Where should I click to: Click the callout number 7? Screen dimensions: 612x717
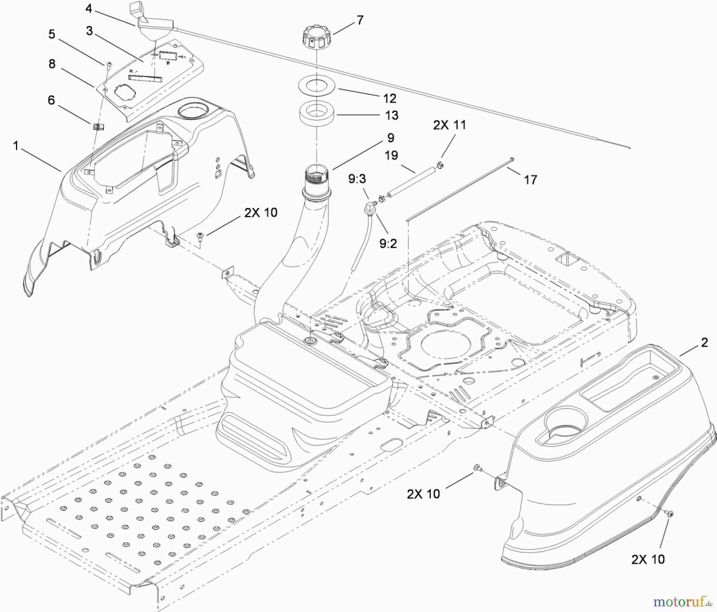pyautogui.click(x=360, y=20)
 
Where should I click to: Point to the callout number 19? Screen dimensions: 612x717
pyautogui.click(x=391, y=155)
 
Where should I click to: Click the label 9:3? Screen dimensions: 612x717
pyautogui.click(x=357, y=179)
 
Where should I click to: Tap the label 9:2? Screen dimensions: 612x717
pyautogui.click(x=388, y=243)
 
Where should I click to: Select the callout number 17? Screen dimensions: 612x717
pyautogui.click(x=530, y=180)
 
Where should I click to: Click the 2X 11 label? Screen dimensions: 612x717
pyautogui.click(x=449, y=125)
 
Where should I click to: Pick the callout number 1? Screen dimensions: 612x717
pyautogui.click(x=16, y=146)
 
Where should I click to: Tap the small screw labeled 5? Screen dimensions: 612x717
pyautogui.click(x=108, y=64)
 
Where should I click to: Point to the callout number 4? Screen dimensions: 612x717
pyautogui.click(x=88, y=8)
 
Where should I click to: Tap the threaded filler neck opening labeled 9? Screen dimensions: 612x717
pyautogui.click(x=317, y=176)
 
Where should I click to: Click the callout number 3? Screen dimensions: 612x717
pyautogui.click(x=89, y=31)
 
